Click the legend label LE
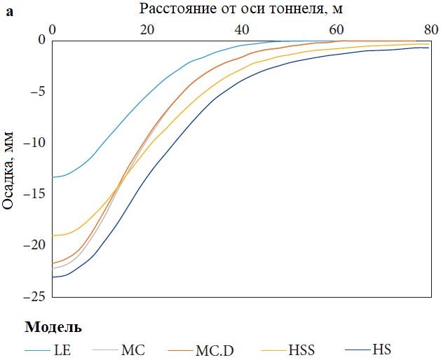61,349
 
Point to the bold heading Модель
53,327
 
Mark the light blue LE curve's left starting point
52,177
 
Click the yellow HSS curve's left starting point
52,235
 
